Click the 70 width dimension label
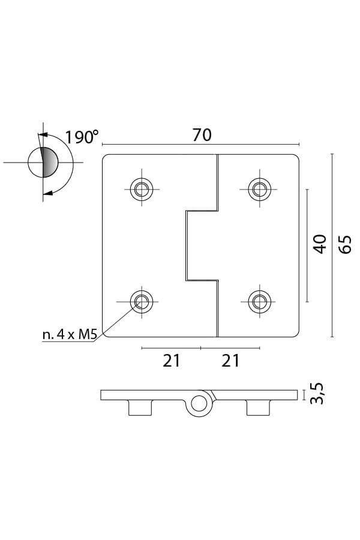coord(202,135)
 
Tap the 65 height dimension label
coord(345,245)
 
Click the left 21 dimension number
coord(172,361)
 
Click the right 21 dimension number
coord(230,361)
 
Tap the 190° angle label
coord(82,137)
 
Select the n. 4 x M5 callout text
coord(69,334)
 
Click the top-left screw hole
coord(142,189)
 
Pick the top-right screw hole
coord(259,189)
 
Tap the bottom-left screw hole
coord(142,302)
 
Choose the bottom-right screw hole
coord(259,302)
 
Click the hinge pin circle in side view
coord(199,404)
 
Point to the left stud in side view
coord(140,408)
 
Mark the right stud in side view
coord(257,408)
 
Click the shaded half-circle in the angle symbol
coord(49,162)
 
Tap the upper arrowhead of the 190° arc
coord(43,135)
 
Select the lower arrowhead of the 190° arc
coord(48,193)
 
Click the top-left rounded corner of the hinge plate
coord(105,157)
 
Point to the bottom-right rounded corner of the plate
coord(296,334)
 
